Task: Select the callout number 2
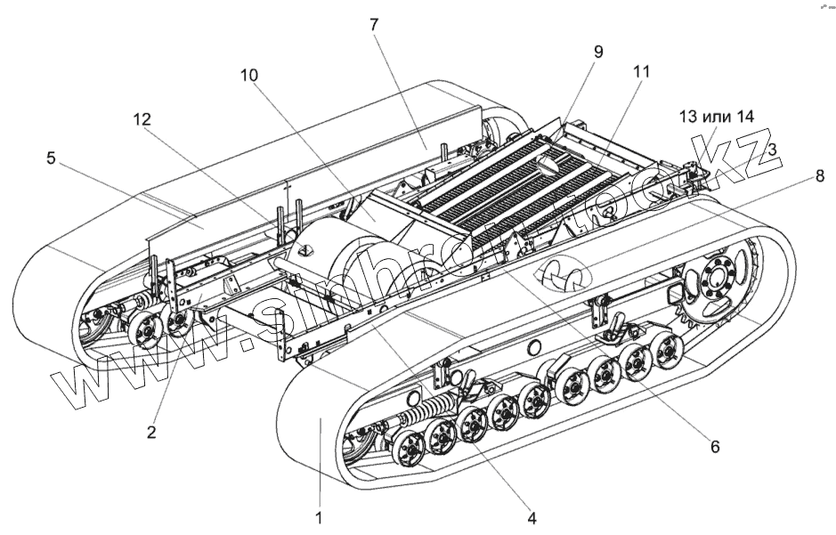151,433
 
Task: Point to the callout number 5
52,159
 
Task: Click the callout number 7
374,24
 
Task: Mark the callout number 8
819,176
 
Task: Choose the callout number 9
598,51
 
